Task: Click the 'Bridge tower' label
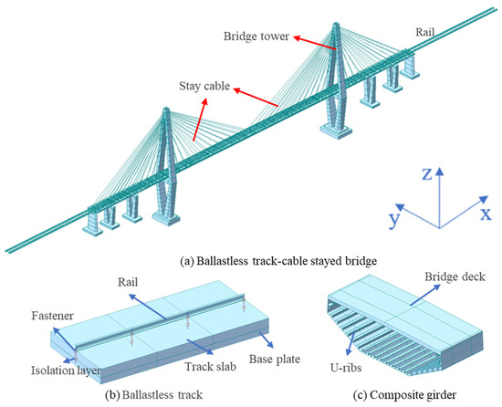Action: point(256,37)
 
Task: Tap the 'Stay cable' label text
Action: point(204,87)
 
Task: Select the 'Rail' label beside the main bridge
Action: point(424,32)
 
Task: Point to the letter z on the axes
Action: point(427,174)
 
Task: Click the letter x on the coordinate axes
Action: point(486,214)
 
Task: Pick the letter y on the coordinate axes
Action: point(394,219)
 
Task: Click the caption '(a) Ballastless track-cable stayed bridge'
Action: point(278,261)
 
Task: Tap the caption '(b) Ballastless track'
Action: point(154,395)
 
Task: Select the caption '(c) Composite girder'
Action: point(404,395)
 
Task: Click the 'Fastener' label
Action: point(53,316)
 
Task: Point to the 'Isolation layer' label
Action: point(67,370)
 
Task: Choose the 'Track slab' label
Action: point(210,367)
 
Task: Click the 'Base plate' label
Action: point(275,360)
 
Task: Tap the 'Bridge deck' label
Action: point(455,277)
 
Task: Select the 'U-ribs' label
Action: point(346,368)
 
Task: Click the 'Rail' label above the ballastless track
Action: point(128,282)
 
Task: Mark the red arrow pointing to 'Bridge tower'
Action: point(315,43)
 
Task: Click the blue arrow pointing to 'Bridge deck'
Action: point(425,295)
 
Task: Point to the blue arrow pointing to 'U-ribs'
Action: point(350,343)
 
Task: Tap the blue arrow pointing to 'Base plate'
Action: point(266,339)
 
